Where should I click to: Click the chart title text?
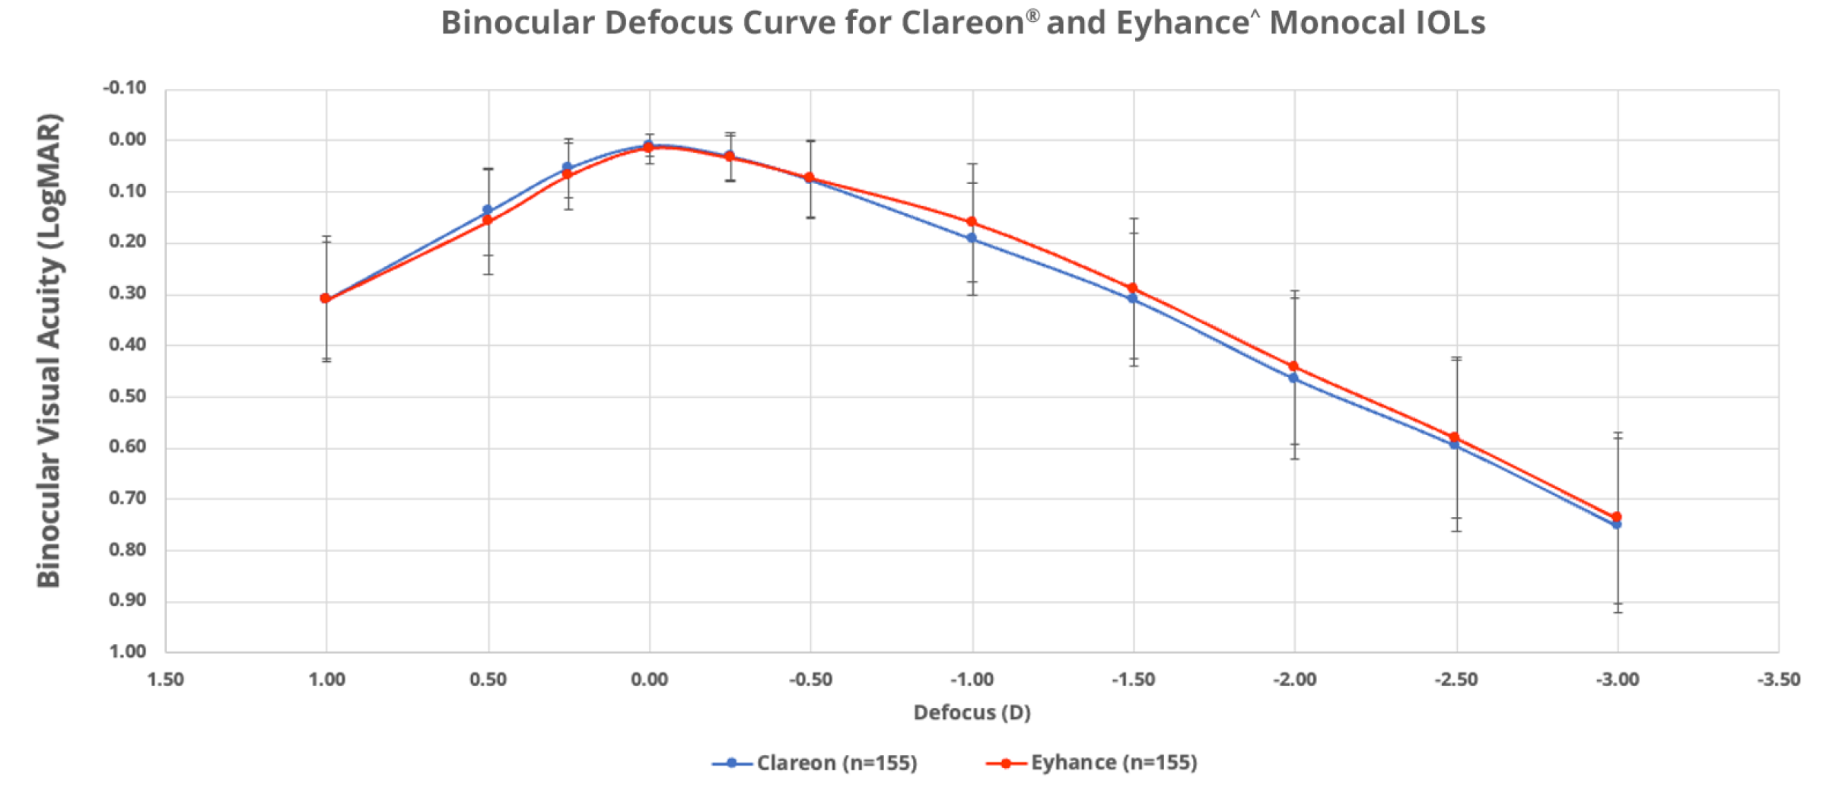click(962, 23)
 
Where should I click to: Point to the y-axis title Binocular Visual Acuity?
click(49, 350)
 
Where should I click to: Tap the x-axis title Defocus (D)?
click(972, 712)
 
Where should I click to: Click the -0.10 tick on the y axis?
click(125, 88)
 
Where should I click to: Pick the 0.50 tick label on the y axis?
click(127, 396)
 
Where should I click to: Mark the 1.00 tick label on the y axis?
click(127, 652)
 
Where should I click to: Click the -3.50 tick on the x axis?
click(1778, 680)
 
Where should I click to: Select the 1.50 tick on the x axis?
click(165, 680)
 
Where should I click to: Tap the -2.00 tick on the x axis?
click(1294, 680)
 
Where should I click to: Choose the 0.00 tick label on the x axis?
click(649, 680)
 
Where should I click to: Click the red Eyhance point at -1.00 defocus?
click(972, 222)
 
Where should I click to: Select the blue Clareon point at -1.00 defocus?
click(972, 238)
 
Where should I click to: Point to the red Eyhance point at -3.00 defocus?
click(1617, 517)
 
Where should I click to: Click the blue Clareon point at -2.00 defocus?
click(1293, 378)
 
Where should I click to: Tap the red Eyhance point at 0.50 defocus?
click(488, 220)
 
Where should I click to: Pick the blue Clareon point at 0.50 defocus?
click(488, 210)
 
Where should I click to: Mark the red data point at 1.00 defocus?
click(326, 299)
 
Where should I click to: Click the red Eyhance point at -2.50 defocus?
click(1455, 437)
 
